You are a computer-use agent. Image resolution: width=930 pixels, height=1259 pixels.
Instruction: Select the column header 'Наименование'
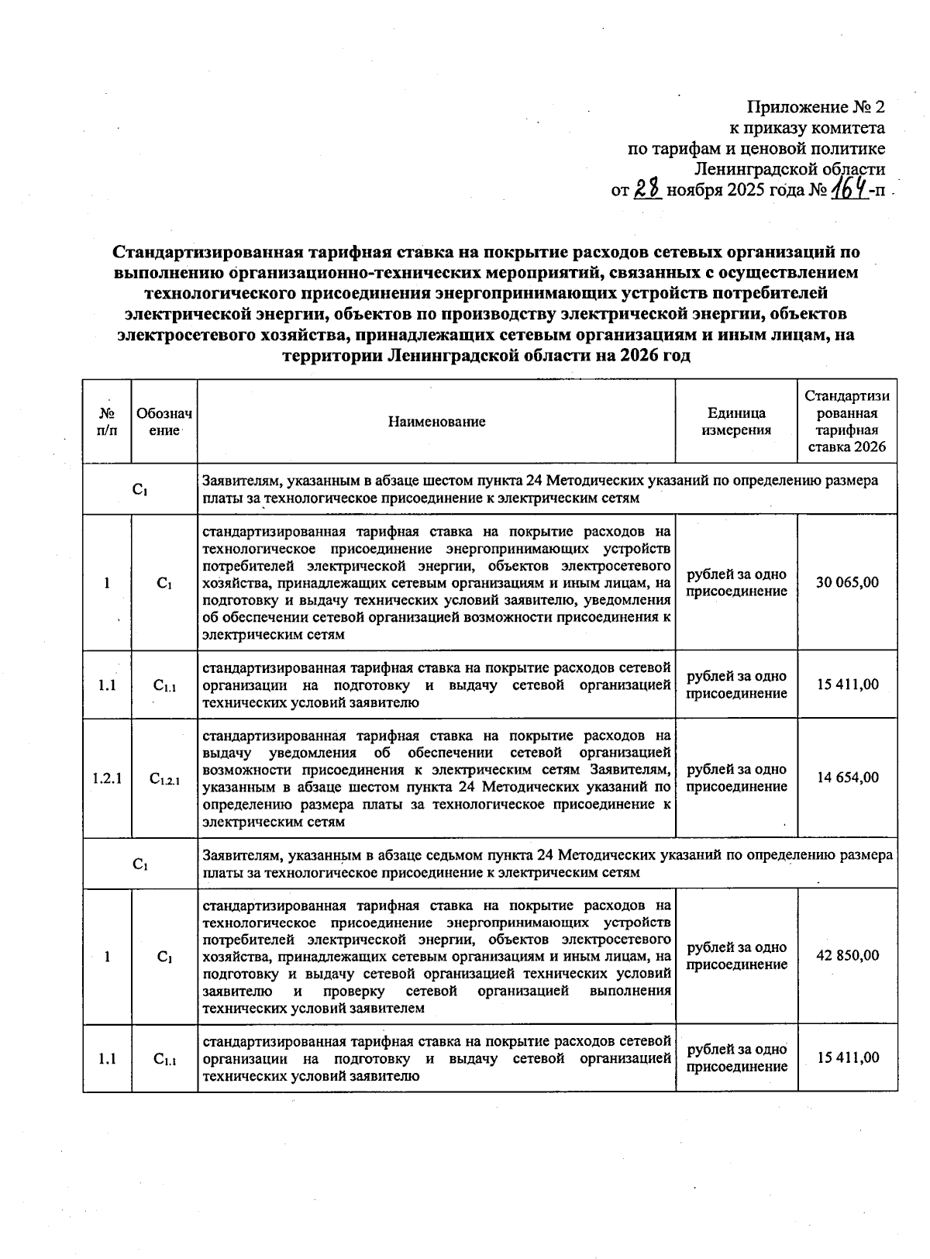pos(436,422)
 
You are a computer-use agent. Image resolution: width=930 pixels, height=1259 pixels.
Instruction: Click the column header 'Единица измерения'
pos(735,422)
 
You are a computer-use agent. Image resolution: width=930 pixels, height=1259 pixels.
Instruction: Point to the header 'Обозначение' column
pos(164,422)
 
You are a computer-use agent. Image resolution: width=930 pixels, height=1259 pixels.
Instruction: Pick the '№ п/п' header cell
pos(107,422)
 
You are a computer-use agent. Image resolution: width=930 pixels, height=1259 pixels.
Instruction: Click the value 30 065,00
pos(847,582)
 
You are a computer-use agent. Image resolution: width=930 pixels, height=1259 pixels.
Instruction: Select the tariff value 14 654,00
pos(847,778)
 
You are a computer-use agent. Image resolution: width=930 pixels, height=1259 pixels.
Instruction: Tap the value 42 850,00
pos(847,955)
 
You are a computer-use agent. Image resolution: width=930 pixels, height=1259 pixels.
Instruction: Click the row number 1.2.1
pos(107,778)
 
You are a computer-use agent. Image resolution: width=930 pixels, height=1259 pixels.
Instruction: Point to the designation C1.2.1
pos(164,778)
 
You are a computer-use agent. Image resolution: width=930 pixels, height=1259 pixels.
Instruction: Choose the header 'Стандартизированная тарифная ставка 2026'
pos(847,422)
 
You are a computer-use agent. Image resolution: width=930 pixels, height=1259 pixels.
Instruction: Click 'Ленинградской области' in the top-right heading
pos(790,169)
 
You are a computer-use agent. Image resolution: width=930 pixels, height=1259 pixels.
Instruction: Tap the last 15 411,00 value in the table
pos(847,1057)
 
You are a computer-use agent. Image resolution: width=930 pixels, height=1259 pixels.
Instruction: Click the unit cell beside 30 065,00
pos(735,582)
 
